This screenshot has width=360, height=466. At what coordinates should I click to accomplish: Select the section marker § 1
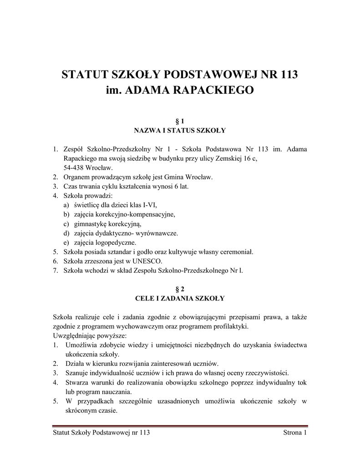[x=179, y=122]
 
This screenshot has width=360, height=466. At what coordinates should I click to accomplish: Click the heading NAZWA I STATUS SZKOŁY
[x=179, y=131]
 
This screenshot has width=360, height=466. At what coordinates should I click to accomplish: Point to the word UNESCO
[x=147, y=261]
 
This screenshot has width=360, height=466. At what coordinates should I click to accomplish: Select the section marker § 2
[x=179, y=289]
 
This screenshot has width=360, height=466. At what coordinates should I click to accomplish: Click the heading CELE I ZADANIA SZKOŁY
[x=179, y=299]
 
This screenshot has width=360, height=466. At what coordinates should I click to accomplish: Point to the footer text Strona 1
[x=294, y=432]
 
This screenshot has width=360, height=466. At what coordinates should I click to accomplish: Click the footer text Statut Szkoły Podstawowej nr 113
[x=101, y=432]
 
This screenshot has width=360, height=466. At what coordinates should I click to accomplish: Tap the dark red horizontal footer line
[x=179, y=425]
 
